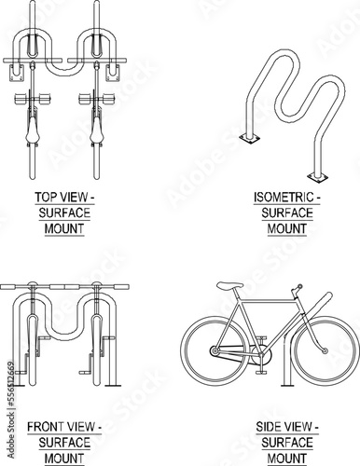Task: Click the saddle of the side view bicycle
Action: click(x=230, y=285)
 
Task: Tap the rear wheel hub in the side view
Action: click(x=215, y=351)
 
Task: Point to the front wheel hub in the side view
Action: click(x=325, y=350)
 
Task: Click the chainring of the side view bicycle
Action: click(x=261, y=354)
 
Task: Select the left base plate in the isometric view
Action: click(x=249, y=139)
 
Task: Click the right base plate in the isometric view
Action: click(x=317, y=177)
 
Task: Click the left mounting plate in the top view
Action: click(x=17, y=73)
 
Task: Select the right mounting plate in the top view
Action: click(x=113, y=73)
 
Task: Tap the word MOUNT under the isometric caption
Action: click(x=287, y=229)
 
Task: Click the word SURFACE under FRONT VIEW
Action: click(x=64, y=443)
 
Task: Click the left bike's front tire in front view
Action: click(x=33, y=350)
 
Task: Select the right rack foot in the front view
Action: click(x=113, y=386)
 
